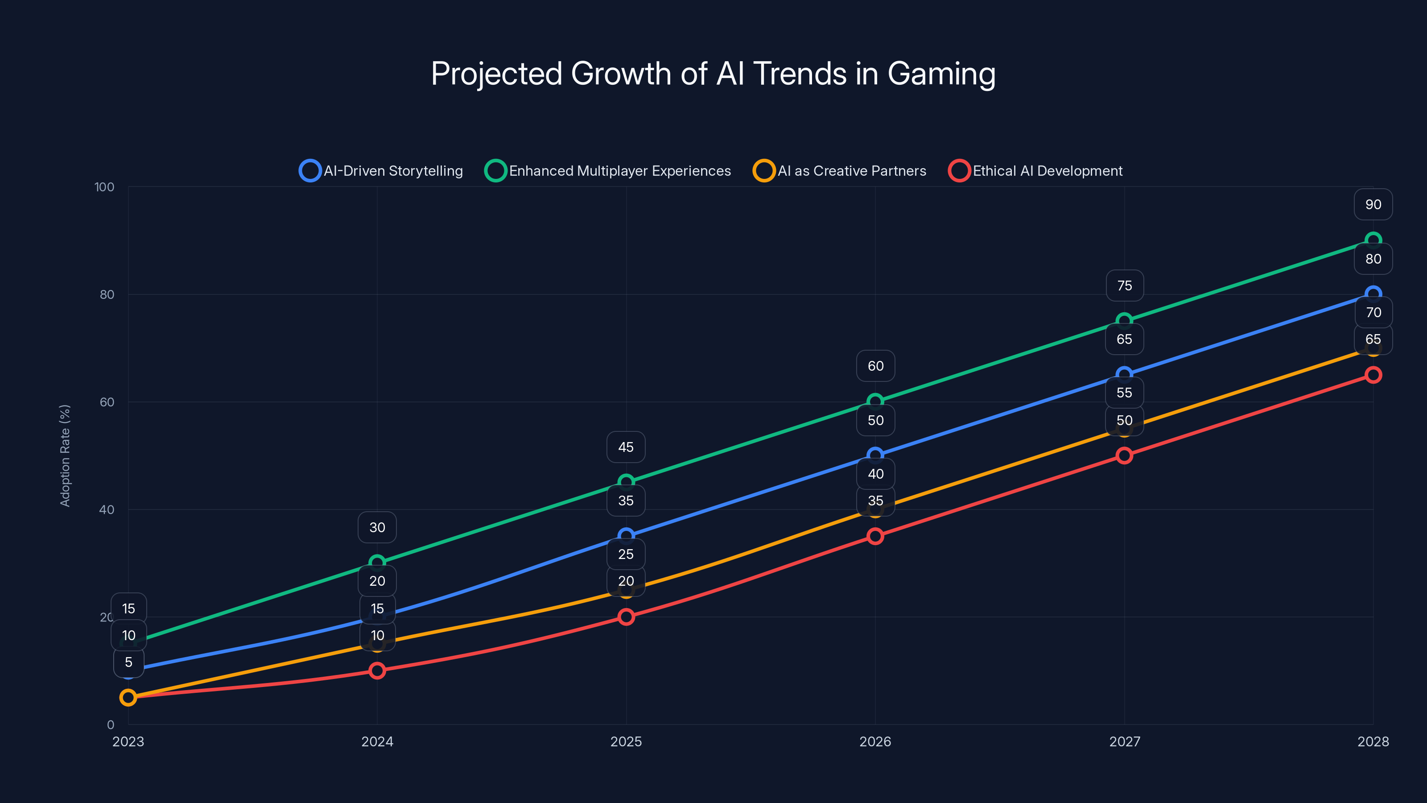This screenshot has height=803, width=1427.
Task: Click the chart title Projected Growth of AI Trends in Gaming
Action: tap(713, 74)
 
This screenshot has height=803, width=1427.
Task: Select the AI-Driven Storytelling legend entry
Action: tap(381, 171)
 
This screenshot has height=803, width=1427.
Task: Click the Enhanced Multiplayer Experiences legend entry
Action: tap(608, 171)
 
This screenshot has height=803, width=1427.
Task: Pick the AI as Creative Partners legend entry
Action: tap(839, 171)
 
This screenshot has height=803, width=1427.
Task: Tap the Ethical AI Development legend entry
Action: tap(1035, 171)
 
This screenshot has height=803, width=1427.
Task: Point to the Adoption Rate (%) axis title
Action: tap(65, 455)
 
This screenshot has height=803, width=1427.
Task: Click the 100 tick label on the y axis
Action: tap(104, 187)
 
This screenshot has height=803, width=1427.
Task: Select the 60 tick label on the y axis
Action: tap(107, 402)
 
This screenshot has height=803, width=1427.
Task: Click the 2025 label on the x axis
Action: tap(626, 741)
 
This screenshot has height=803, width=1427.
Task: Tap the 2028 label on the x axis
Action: tap(1373, 741)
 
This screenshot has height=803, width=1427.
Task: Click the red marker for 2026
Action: tap(875, 536)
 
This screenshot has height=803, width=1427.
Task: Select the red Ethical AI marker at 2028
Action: tap(1373, 375)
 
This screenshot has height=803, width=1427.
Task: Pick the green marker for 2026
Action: tap(875, 401)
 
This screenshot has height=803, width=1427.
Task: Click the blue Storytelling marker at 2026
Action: tap(875, 455)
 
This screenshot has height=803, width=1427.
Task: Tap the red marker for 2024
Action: tap(377, 671)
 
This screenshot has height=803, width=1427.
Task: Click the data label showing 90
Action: tap(1373, 204)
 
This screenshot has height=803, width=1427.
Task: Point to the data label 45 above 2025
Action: tap(626, 447)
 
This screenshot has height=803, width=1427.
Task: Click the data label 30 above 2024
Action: tap(377, 527)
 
